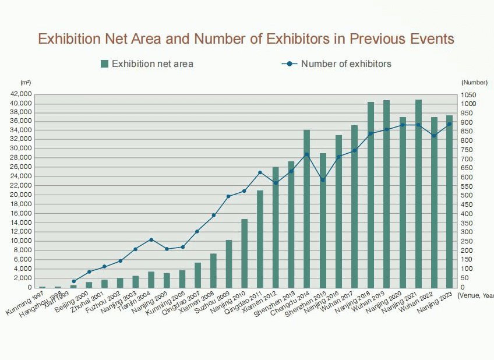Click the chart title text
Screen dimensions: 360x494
pyautogui.click(x=246, y=39)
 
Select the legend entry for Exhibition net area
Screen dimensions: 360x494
pyautogui.click(x=146, y=63)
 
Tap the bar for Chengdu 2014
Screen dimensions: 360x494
pyautogui.click(x=307, y=209)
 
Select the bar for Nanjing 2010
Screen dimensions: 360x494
pyautogui.click(x=245, y=253)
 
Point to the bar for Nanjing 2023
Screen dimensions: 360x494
pyautogui.click(x=449, y=201)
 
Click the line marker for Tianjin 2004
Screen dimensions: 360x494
pyautogui.click(x=151, y=239)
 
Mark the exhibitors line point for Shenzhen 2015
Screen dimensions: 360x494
pyautogui.click(x=323, y=180)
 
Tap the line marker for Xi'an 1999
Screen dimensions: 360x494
pyautogui.click(x=73, y=281)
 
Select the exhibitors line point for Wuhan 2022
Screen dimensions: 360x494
pyautogui.click(x=433, y=136)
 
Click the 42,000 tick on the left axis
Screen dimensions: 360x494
pyautogui.click(x=21, y=94)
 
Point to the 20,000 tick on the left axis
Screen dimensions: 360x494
pyautogui.click(x=21, y=195)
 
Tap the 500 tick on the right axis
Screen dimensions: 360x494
pyautogui.click(x=467, y=196)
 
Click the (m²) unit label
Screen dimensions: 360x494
pyautogui.click(x=25, y=83)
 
